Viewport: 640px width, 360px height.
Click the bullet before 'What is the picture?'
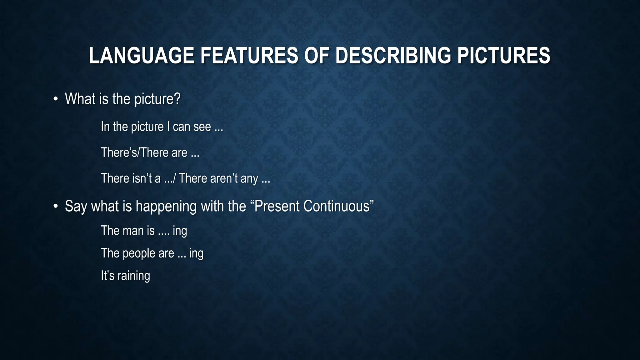pyautogui.click(x=56, y=99)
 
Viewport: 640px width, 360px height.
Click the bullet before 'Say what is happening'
pyautogui.click(x=56, y=207)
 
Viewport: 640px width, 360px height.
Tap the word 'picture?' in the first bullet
pyautogui.click(x=157, y=99)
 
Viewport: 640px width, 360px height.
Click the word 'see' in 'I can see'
pyautogui.click(x=202, y=127)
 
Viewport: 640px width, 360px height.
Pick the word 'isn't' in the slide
pyautogui.click(x=142, y=178)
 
